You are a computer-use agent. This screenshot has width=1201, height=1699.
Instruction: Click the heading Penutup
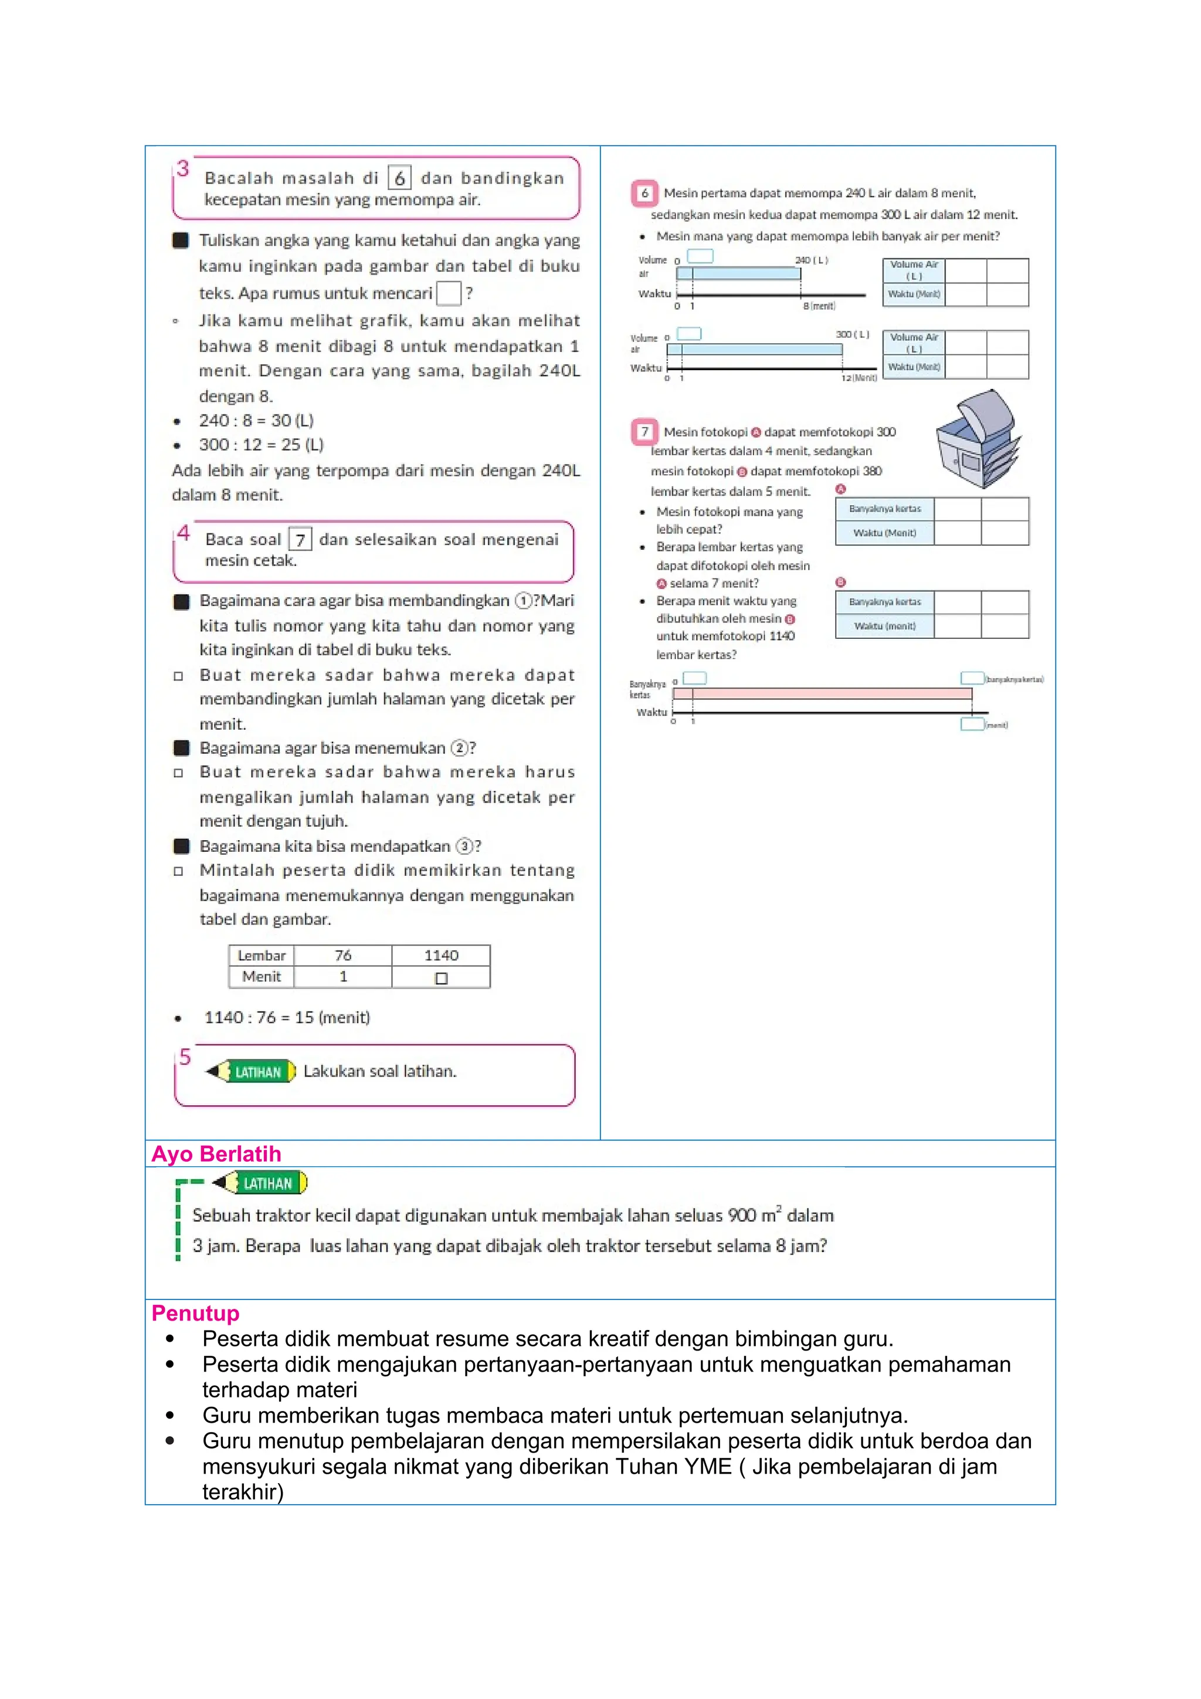195,1313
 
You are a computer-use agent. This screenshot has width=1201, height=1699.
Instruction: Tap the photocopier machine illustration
978,439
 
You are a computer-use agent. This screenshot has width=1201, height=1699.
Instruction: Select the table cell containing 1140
441,955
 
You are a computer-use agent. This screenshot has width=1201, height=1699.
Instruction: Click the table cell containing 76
342,955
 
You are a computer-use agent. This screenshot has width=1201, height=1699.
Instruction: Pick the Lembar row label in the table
261,955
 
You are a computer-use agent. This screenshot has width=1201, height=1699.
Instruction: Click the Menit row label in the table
261,977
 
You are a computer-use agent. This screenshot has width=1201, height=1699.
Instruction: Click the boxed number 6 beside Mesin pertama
644,193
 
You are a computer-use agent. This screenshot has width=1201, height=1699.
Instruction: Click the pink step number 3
182,169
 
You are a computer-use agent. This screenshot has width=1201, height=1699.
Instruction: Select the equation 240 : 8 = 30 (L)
256,420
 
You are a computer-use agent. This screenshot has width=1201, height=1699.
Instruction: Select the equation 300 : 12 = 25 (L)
260,445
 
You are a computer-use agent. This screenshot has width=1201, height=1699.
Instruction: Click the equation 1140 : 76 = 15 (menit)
287,1017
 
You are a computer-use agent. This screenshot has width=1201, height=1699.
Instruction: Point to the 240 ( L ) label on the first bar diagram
811,260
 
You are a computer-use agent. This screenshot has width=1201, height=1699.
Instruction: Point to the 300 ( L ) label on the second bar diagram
852,334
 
